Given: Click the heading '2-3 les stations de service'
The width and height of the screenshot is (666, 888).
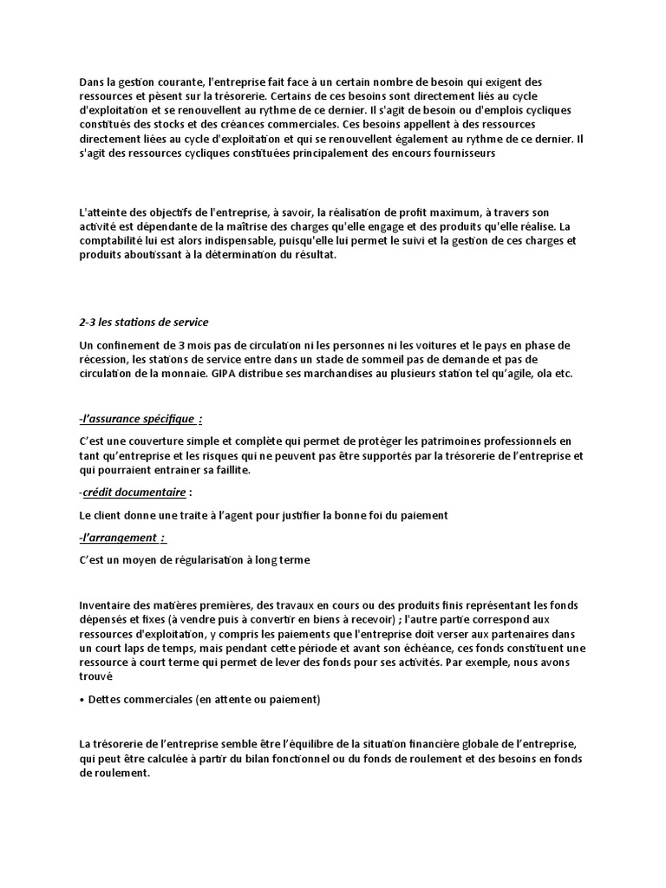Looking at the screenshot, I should point(143,323).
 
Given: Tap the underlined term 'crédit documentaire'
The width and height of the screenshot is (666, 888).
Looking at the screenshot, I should point(134,493).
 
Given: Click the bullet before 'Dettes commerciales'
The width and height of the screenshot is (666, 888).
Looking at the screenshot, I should point(81,699).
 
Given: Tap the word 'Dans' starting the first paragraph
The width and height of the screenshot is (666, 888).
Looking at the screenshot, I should point(91,81).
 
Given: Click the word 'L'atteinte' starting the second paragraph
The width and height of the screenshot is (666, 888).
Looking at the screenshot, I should point(102,213).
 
